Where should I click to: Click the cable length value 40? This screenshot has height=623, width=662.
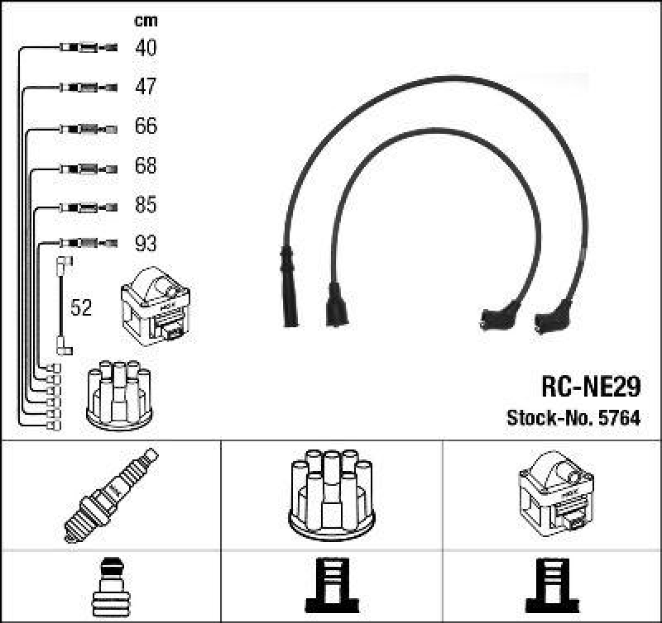coord(146,48)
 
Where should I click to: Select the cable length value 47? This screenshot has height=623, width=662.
coord(146,87)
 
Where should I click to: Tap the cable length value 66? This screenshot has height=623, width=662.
coord(146,126)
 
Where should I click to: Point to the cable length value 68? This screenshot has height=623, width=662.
coord(146,166)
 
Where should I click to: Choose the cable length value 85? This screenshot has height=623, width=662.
coord(146,204)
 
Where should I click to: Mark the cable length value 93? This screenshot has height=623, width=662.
coord(146,244)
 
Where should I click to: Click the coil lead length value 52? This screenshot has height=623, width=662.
coord(80,308)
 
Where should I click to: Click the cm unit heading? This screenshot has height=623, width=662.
coord(146,21)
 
